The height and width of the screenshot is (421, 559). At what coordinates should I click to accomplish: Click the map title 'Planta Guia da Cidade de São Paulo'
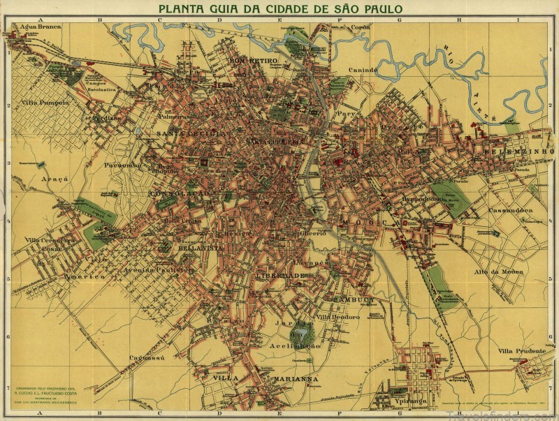point(280,9)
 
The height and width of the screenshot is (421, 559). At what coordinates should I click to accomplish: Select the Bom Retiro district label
point(253,61)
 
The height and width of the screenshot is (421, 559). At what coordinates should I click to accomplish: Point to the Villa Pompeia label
point(45,102)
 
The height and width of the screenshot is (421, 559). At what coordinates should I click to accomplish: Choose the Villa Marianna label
point(266,379)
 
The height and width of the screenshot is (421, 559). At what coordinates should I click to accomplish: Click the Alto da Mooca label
point(495,270)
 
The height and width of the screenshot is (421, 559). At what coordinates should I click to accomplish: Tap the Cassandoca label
point(511,209)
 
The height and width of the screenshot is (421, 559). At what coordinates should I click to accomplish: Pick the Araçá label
point(55,179)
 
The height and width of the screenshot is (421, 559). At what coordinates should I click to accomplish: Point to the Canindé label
point(363,70)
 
